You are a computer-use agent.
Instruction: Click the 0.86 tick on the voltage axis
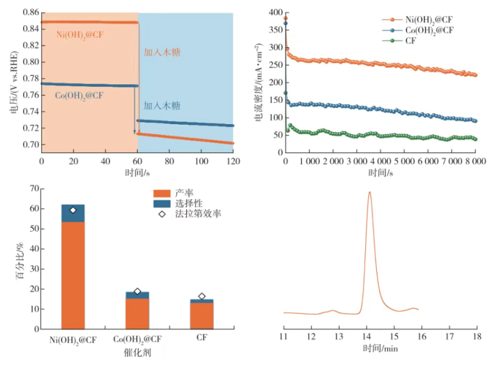click(x=29, y=12)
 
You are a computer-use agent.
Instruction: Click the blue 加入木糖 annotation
click(x=162, y=106)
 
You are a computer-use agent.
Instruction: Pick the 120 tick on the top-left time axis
click(x=233, y=161)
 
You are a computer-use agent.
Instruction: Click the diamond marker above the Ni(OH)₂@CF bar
click(x=73, y=210)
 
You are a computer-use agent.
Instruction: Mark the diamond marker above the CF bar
click(x=202, y=297)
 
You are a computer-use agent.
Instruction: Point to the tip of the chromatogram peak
click(x=369, y=193)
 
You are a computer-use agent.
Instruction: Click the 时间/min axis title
click(x=380, y=349)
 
